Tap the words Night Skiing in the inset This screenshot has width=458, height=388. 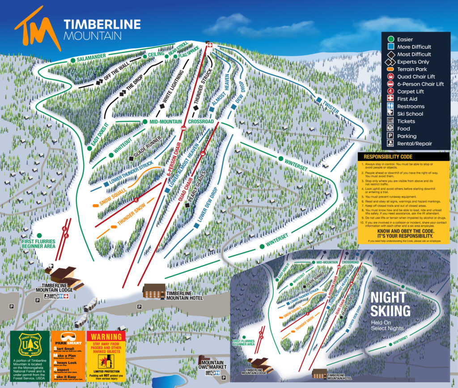pos(388,304)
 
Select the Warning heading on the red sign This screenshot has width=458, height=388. pos(106,337)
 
